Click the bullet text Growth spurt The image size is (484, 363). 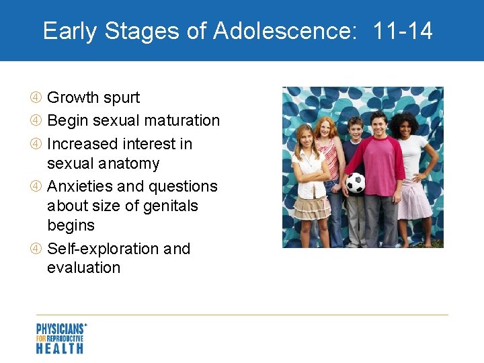[x=93, y=98]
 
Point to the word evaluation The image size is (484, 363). [x=83, y=268]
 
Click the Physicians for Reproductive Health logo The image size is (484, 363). [x=61, y=338]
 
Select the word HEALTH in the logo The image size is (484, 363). [x=60, y=348]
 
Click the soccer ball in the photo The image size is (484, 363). [x=355, y=182]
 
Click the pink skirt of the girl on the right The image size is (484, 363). [x=415, y=202]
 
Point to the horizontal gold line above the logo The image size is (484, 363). [x=242, y=315]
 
